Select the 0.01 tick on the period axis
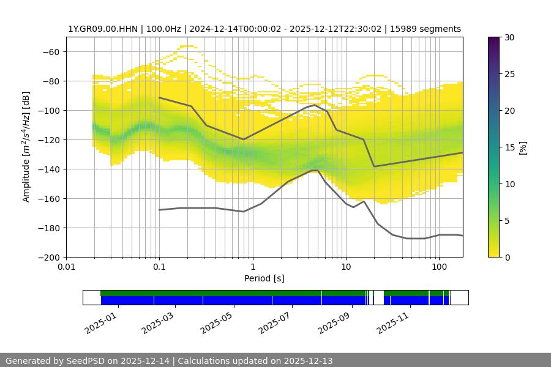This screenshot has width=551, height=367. (x=66, y=267)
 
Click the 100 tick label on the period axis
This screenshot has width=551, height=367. (x=439, y=267)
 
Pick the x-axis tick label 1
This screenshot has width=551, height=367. (x=253, y=267)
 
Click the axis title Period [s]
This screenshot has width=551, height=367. (x=264, y=279)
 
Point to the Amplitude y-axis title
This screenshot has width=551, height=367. (x=26, y=147)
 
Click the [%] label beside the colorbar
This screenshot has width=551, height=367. (x=523, y=147)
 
